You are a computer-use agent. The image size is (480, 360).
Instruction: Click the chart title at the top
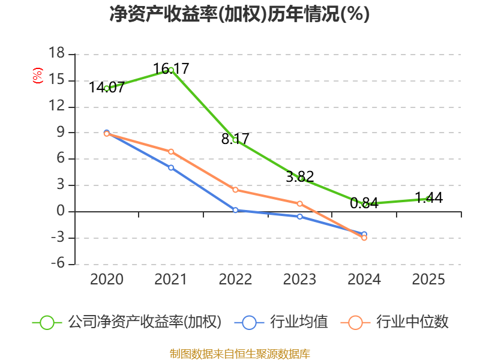click(x=239, y=14)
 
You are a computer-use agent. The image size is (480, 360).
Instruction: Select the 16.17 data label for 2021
click(x=171, y=68)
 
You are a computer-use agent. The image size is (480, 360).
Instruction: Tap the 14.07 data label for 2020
click(x=107, y=87)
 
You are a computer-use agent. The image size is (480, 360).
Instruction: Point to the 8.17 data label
click(x=235, y=139)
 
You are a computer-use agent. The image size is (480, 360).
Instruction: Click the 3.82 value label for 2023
click(x=300, y=176)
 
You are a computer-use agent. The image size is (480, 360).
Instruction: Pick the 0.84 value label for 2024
click(x=364, y=203)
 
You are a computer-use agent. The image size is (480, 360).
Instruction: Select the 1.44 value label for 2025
click(x=429, y=198)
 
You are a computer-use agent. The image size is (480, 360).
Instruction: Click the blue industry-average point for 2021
click(x=171, y=168)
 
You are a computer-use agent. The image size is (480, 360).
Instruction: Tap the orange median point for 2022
click(x=235, y=190)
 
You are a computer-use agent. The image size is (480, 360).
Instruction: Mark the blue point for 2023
click(x=300, y=217)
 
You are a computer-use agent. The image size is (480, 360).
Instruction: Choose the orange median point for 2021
click(x=171, y=152)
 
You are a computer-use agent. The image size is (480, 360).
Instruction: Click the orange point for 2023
click(x=300, y=204)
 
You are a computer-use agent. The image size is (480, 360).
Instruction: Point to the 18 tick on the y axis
click(x=56, y=53)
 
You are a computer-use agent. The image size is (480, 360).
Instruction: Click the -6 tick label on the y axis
click(x=58, y=263)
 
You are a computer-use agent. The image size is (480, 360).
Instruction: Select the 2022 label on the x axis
click(x=235, y=279)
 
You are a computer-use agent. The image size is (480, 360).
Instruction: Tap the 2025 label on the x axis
click(x=428, y=279)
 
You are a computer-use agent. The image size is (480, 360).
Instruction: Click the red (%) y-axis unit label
click(x=38, y=76)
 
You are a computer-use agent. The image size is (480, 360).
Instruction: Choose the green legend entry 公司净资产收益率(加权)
click(x=127, y=322)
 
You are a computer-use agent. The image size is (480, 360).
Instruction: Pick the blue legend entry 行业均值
click(x=281, y=322)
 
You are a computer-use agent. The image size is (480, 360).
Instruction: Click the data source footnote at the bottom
click(x=240, y=354)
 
